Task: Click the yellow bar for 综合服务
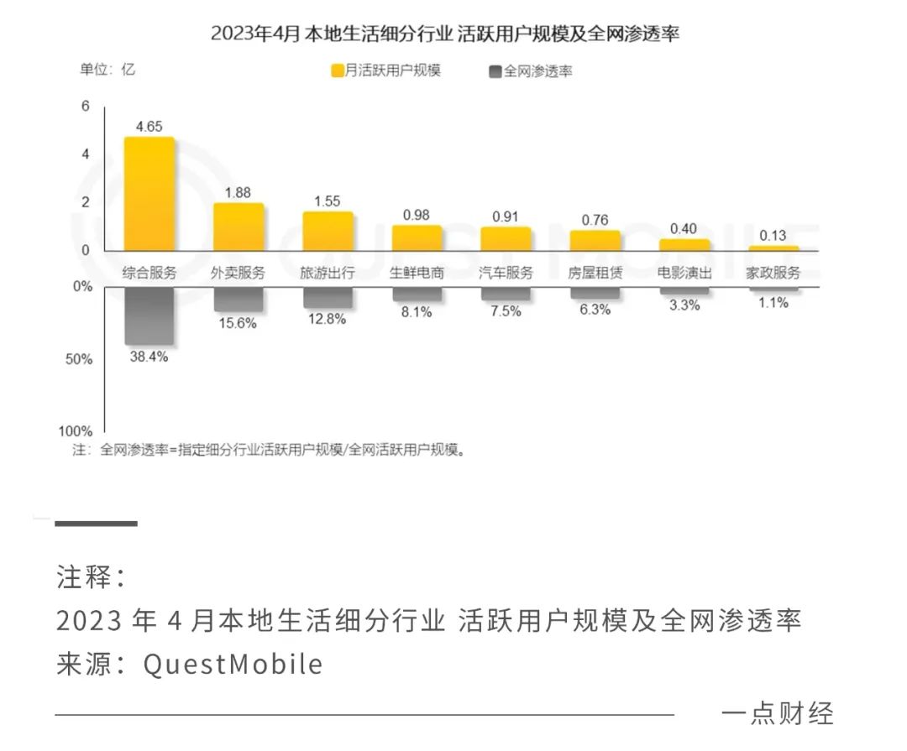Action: [x=149, y=194]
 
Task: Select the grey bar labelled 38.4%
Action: [x=149, y=316]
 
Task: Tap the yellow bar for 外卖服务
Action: [x=239, y=227]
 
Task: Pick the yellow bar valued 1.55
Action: [x=328, y=231]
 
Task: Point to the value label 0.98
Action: [x=417, y=215]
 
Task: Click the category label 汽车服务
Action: [x=506, y=273]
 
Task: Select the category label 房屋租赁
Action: [x=595, y=273]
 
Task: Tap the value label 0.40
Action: [x=684, y=229]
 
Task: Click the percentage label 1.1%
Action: [x=773, y=303]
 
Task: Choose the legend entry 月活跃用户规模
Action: [x=386, y=70]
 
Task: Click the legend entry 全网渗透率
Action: [x=530, y=71]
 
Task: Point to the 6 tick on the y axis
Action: [x=85, y=106]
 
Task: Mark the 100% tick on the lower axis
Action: [x=81, y=431]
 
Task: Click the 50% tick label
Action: [x=81, y=359]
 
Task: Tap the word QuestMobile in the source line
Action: [x=233, y=664]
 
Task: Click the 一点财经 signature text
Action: [x=777, y=712]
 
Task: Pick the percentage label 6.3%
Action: [x=595, y=309]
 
